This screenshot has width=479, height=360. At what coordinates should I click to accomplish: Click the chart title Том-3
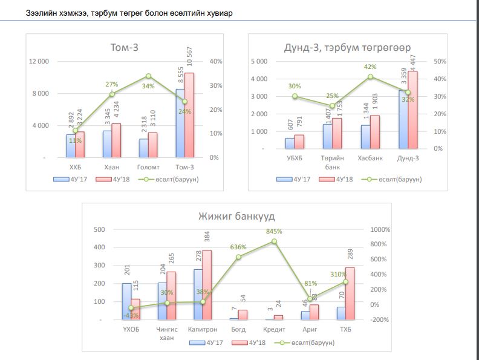click(x=125, y=48)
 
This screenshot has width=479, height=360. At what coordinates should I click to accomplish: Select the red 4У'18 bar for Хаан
click(x=116, y=140)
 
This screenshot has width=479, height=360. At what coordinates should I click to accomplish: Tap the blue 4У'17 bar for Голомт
click(x=143, y=148)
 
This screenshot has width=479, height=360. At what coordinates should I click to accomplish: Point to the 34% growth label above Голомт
click(x=148, y=86)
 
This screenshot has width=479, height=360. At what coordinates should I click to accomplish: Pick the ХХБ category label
click(x=76, y=166)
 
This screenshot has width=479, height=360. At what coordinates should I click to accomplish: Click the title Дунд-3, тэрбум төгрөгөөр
click(x=348, y=48)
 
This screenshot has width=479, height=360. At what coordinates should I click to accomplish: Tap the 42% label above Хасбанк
click(x=370, y=67)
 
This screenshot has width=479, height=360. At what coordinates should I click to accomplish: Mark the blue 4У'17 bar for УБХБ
click(x=290, y=143)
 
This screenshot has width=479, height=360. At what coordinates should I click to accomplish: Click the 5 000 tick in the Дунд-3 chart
click(x=258, y=62)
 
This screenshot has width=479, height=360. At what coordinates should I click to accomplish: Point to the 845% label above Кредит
click(x=274, y=232)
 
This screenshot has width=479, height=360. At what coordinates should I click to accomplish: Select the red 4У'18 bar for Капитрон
click(x=207, y=284)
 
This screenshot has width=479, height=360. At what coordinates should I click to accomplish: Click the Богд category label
click(x=238, y=329)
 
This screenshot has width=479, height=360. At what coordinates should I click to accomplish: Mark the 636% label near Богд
click(x=238, y=247)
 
